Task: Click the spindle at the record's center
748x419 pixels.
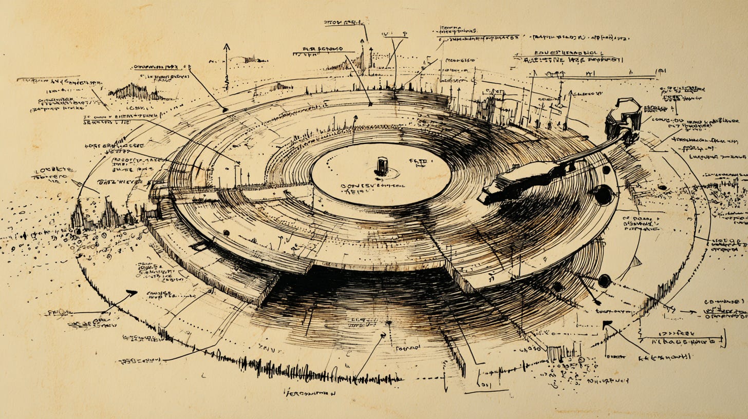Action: coord(381,166)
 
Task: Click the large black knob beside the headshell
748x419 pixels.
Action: coord(603,195)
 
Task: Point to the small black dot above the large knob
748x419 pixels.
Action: coord(606,169)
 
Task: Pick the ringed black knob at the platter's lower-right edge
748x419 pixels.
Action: coord(604,280)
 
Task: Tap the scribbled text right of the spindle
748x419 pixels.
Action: coord(418,163)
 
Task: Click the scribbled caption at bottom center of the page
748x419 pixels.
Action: coord(310,393)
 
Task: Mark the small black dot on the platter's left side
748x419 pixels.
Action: coord(226,233)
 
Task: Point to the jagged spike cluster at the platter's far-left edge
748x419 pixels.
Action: coord(105,211)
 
